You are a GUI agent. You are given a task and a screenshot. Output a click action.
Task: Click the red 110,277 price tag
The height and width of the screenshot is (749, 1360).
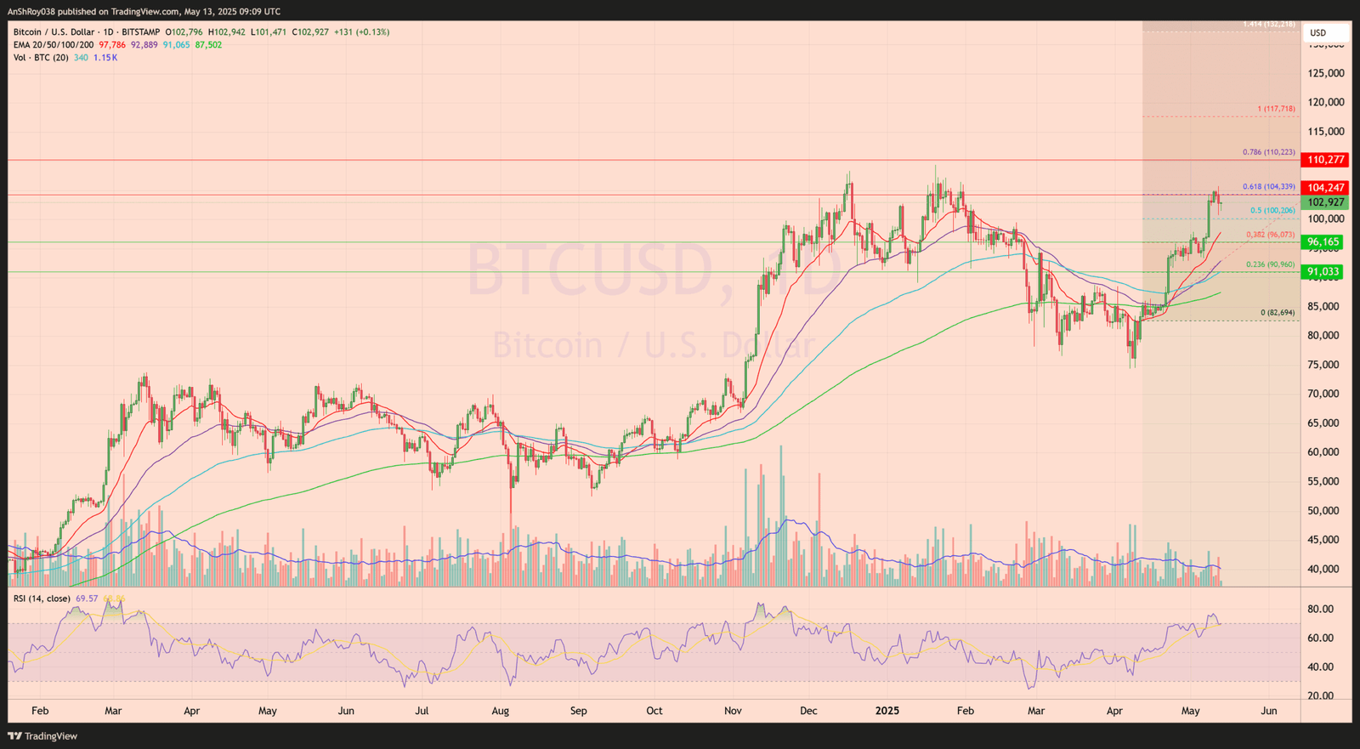(1325, 160)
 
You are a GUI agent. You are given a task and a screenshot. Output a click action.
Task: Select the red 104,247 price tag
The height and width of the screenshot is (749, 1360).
(1325, 188)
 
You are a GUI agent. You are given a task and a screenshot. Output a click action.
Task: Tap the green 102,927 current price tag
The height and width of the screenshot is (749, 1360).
(1325, 202)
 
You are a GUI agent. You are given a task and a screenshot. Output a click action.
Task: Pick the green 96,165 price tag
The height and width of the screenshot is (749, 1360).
(1323, 242)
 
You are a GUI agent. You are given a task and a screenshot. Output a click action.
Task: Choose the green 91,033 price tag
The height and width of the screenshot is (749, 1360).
(1323, 272)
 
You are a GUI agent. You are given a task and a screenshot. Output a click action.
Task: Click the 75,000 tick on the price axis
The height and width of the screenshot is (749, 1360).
(1326, 365)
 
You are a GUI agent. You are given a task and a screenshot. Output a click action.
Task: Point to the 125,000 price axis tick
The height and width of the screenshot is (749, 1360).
(1326, 73)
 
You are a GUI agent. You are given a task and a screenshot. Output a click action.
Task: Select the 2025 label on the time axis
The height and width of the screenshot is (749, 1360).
(887, 711)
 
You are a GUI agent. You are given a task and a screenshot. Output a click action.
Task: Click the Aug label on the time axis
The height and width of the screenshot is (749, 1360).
(501, 711)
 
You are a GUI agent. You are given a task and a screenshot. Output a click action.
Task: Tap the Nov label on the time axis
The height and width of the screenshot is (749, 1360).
(733, 711)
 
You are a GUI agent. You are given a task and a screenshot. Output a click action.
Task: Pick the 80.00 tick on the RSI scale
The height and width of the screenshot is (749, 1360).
(1320, 609)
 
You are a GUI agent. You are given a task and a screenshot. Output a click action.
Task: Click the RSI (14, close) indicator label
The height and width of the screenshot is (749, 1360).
(42, 599)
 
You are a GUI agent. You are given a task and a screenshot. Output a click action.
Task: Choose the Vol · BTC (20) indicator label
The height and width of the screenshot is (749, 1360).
(41, 58)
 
